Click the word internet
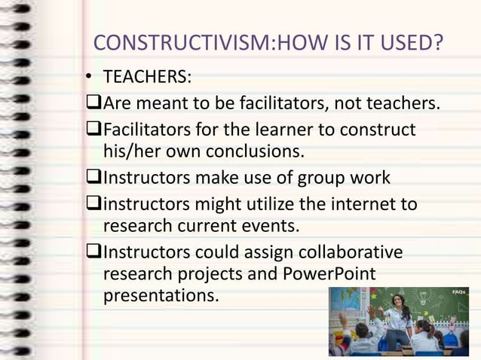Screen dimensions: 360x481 tap(360, 204)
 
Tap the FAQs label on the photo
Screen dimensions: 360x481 tap(458, 291)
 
